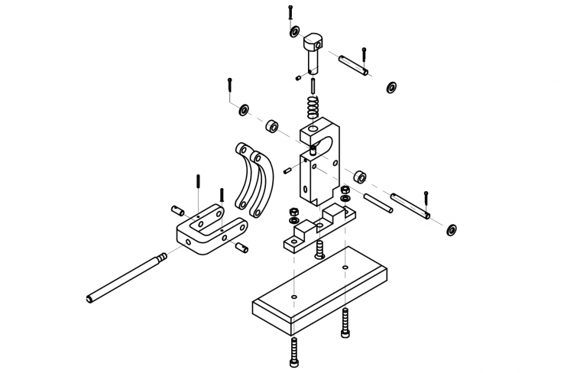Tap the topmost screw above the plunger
pos(290,13)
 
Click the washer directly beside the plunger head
pos(294,32)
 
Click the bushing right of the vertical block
pos(358,177)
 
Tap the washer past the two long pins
pos(452,229)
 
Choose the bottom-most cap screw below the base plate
pos(295,352)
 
